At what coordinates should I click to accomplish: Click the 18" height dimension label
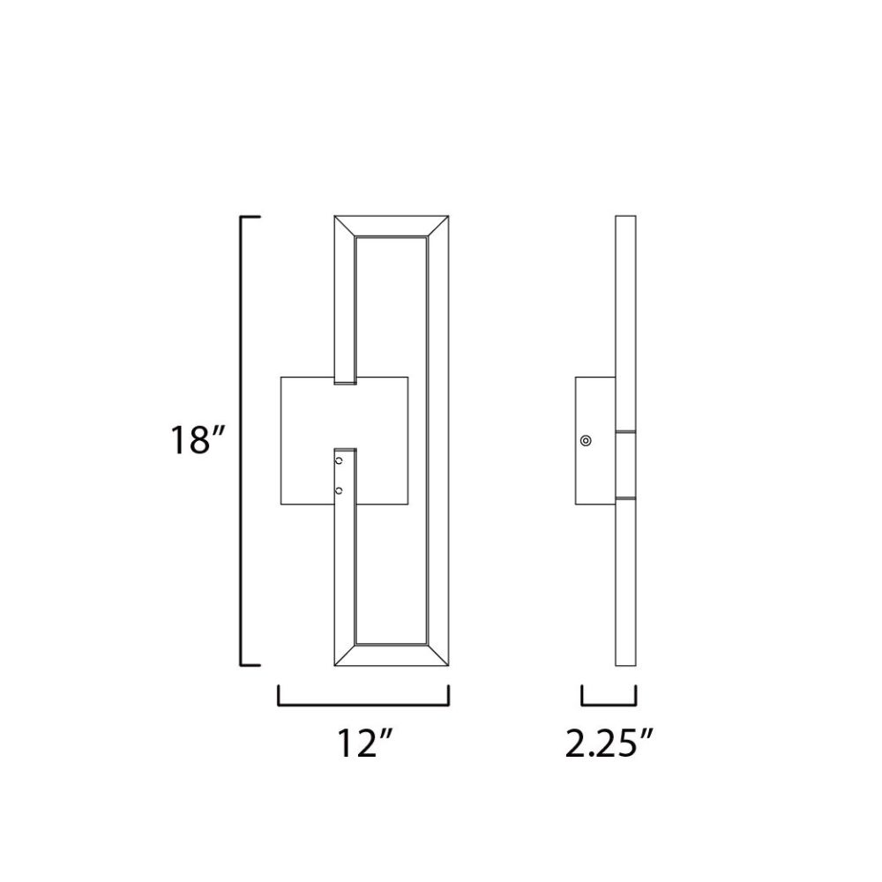[x=198, y=439]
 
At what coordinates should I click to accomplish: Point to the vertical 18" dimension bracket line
[x=243, y=440]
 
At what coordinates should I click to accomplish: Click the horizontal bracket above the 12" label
[x=363, y=703]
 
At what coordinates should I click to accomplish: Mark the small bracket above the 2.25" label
[x=609, y=703]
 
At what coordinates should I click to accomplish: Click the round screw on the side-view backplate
[x=586, y=440]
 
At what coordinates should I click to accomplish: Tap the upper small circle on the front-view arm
[x=339, y=460]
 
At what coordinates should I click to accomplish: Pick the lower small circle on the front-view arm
[x=339, y=491]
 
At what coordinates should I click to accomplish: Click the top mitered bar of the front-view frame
[x=392, y=226]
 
